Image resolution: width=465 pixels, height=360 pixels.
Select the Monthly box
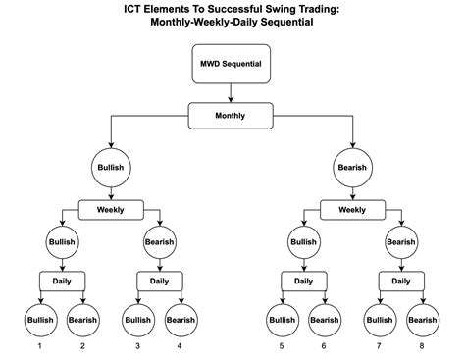231,116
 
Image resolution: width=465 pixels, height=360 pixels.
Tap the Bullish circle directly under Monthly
111,168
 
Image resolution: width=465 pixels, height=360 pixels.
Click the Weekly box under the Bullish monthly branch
111,209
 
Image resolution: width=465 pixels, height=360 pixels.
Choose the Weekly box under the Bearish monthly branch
351,209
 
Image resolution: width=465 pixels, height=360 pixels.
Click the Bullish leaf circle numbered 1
39,319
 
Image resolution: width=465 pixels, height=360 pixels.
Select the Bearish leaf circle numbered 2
82,319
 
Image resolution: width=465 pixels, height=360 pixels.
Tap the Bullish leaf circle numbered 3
137,319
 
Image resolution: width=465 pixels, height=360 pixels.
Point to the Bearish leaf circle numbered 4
181,319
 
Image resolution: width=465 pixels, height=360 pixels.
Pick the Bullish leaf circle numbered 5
281,319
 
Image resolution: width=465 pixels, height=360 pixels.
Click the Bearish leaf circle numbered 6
325,319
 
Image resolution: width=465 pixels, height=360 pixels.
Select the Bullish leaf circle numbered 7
379,319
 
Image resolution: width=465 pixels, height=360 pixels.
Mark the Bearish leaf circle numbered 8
422,319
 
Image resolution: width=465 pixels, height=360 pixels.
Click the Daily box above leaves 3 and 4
159,281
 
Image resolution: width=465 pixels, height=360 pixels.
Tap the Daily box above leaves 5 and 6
303,281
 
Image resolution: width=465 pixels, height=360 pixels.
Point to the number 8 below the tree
422,346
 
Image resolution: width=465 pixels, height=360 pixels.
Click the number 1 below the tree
39,346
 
